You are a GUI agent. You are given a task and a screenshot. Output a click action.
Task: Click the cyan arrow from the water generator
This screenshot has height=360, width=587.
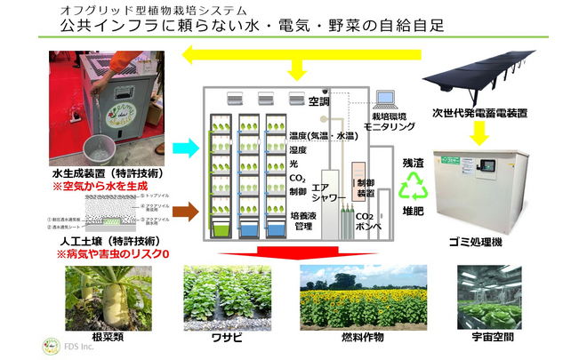pyautogui.click(x=186, y=146)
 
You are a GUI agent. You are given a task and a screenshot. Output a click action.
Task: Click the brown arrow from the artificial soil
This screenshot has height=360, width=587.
pyautogui.click(x=186, y=211)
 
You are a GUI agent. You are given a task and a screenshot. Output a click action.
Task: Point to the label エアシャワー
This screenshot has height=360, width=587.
pyautogui.click(x=321, y=194)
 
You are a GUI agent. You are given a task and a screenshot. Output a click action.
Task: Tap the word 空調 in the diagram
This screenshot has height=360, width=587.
pyautogui.click(x=318, y=101)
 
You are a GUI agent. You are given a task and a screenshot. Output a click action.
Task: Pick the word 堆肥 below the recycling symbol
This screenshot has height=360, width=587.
pyautogui.click(x=413, y=214)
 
